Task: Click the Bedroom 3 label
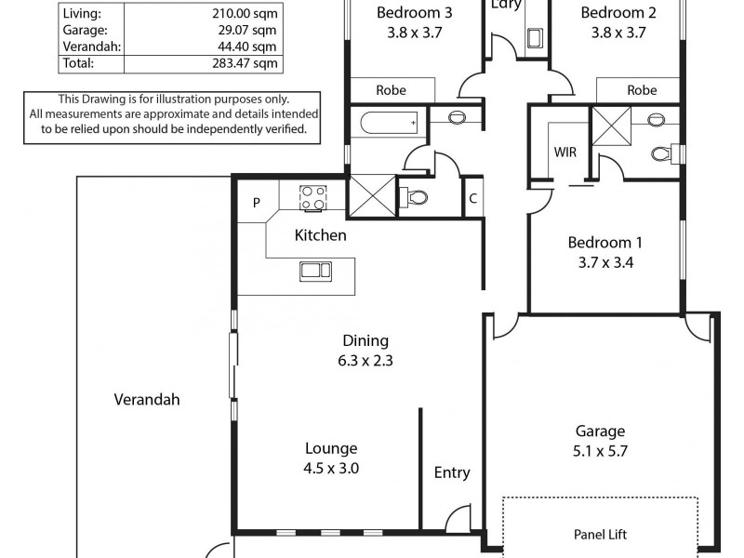[414, 13]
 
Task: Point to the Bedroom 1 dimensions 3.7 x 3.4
[604, 262]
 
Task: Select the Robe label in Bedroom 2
[642, 90]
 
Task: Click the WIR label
[565, 151]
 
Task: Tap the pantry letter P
[257, 203]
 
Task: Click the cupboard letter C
[473, 198]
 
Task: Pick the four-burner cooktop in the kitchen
[312, 197]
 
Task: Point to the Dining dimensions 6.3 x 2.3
[365, 361]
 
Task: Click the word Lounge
[330, 448]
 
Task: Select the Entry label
[452, 472]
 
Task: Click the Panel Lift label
[600, 536]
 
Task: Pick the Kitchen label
[320, 235]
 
